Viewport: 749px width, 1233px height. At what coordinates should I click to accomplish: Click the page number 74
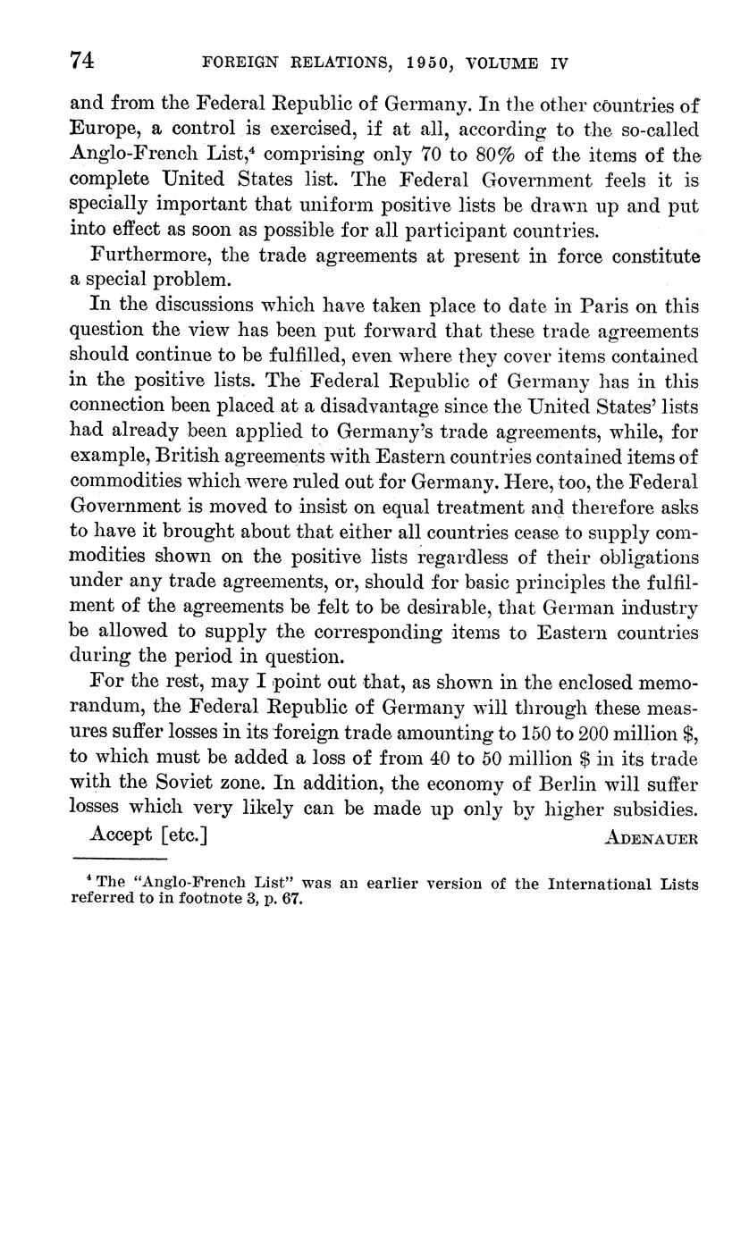point(82,61)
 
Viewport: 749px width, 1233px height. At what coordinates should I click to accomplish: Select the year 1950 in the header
point(435,63)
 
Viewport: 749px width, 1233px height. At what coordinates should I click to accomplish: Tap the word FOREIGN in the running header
point(238,63)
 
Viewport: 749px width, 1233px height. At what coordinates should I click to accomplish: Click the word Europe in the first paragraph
point(101,130)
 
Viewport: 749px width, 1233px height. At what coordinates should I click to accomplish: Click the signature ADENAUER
point(651,839)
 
